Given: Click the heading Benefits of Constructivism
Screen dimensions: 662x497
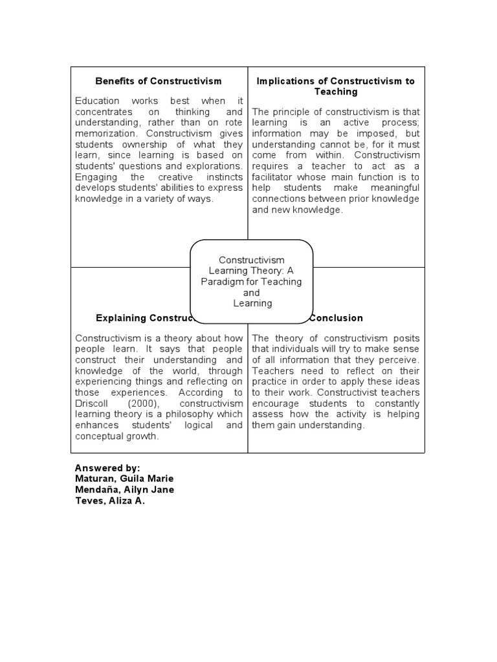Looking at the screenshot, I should (x=159, y=81).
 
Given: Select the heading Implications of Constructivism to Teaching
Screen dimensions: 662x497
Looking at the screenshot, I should (x=336, y=86).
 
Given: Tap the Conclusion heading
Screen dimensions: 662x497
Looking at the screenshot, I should (x=336, y=318).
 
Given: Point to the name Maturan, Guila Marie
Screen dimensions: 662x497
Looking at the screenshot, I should (x=124, y=478).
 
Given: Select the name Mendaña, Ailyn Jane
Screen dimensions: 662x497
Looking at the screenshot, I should (x=124, y=489).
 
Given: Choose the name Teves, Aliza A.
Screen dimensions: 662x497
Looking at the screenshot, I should (x=110, y=500).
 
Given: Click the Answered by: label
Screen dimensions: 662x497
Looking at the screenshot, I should (x=107, y=467).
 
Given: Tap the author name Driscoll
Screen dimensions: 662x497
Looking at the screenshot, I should (x=93, y=403).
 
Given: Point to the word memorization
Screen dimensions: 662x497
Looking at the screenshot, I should (x=104, y=133).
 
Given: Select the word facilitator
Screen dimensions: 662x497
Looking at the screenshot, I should (x=273, y=177).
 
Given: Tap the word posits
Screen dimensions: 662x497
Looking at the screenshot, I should (x=407, y=338).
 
